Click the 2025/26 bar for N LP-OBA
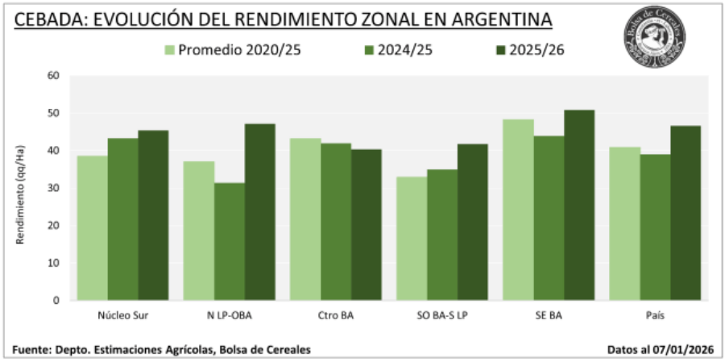pos(259,211)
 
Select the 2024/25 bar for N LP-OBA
pos(230,241)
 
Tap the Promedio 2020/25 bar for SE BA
pos(519,210)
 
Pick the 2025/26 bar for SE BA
pos(579,205)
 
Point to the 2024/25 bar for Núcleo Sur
pos(123,218)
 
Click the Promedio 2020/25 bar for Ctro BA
pos(305,218)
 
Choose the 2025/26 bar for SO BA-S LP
pos(473,222)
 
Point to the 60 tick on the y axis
pos(54,76)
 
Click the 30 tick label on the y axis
pos(54,188)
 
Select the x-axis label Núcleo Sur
pos(122,315)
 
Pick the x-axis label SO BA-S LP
pos(442,315)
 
